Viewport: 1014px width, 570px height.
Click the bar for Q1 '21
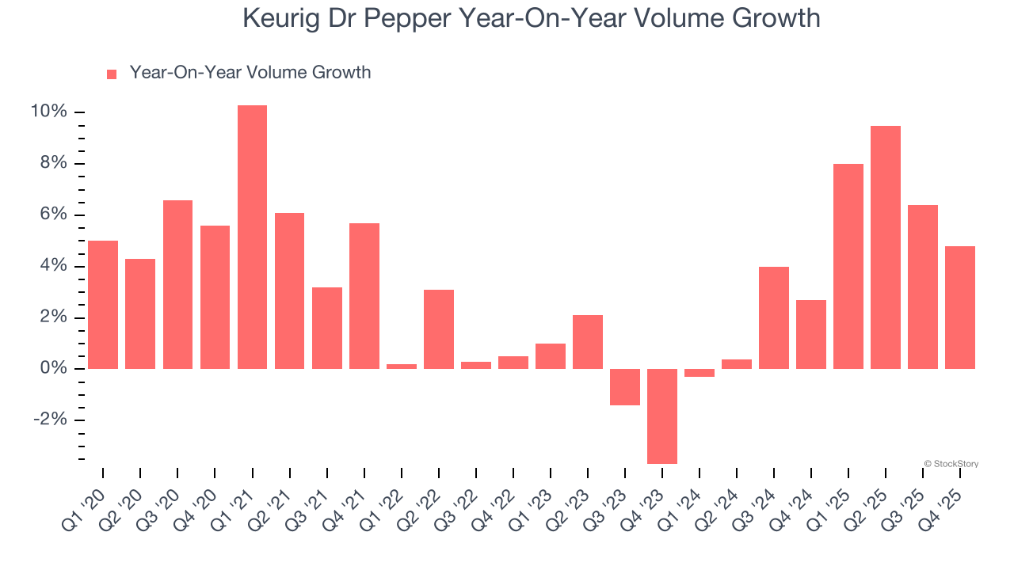[252, 237]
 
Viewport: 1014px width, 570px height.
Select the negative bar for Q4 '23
[662, 416]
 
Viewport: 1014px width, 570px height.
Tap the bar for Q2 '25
[886, 247]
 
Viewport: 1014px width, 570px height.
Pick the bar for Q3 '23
[625, 387]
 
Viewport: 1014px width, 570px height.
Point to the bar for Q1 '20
[103, 305]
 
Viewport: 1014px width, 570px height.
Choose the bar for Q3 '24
[774, 317]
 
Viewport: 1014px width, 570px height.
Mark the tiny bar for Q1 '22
[402, 366]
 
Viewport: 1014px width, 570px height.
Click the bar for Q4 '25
[960, 307]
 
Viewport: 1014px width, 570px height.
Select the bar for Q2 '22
[439, 329]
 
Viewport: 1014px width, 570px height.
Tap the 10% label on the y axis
[48, 112]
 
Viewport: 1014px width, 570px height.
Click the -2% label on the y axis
[48, 420]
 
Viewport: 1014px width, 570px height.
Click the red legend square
[112, 74]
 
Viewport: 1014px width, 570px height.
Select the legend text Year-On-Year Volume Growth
[250, 73]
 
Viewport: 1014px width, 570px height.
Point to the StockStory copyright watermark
[951, 464]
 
